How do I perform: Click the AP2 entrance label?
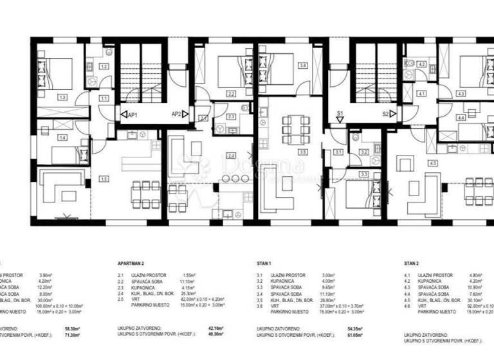(176, 114)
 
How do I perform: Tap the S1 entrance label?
(341, 114)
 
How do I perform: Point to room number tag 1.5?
(104, 179)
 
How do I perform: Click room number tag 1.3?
(62, 97)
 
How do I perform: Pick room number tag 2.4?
(231, 155)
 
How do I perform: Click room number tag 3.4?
(302, 65)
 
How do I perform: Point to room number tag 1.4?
(62, 138)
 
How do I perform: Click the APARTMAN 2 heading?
(134, 264)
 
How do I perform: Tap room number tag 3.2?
(363, 152)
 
